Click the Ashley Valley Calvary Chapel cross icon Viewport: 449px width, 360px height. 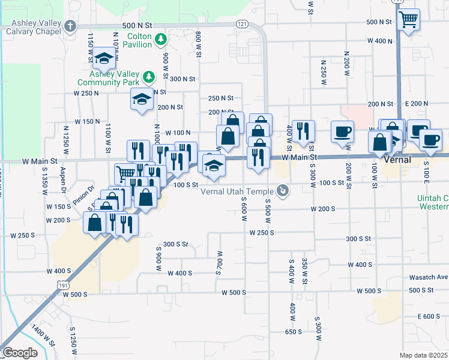[x=71, y=26]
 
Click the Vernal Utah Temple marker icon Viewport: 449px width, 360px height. [x=284, y=191]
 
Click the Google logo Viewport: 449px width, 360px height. [x=20, y=353]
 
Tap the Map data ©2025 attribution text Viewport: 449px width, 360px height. [x=424, y=355]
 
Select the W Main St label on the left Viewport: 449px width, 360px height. [x=39, y=161]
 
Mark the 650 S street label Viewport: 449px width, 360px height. [x=293, y=331]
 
